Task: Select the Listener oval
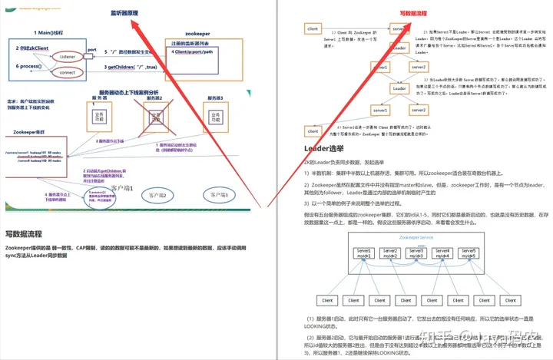67,57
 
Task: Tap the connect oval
67,72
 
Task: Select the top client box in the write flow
313,28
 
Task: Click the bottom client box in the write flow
313,130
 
